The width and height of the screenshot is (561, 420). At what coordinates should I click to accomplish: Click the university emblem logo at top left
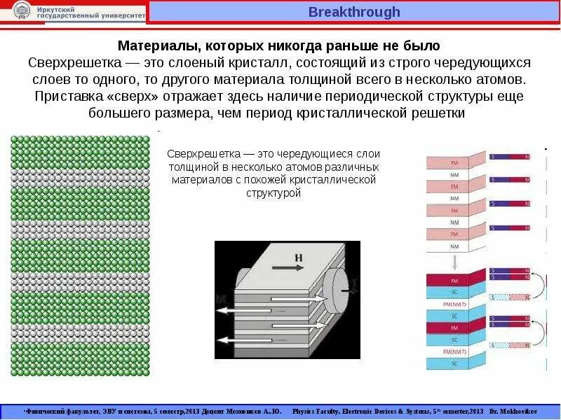pos(22,10)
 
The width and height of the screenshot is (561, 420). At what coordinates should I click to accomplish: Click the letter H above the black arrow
pos(299,258)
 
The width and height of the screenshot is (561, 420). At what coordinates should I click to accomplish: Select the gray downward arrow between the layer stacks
pos(454,262)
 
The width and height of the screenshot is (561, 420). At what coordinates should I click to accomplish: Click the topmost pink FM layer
pos(454,162)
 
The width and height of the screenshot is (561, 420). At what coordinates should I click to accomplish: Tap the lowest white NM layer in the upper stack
pos(454,246)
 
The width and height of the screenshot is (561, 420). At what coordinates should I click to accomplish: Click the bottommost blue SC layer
pos(454,363)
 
